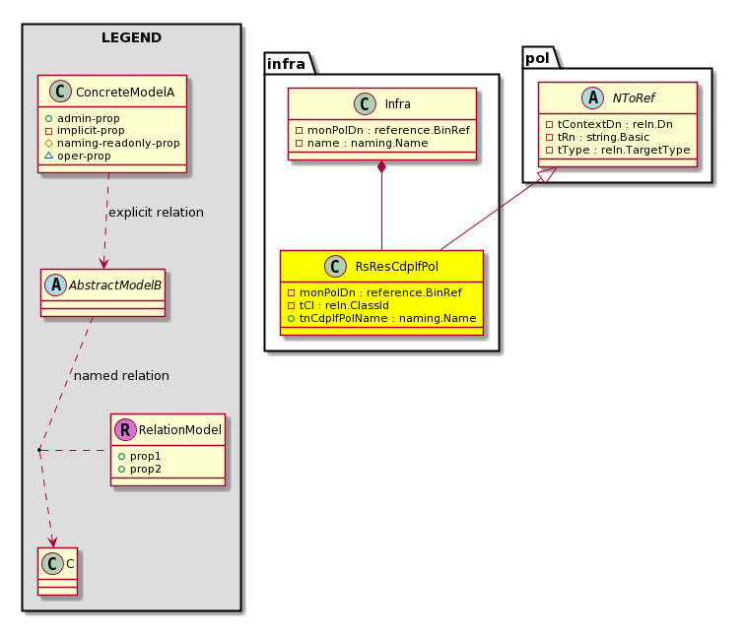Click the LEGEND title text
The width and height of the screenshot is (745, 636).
point(132,37)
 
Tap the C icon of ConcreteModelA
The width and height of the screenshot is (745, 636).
point(60,92)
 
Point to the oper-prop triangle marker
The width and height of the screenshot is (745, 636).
point(48,156)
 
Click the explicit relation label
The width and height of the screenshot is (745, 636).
point(156,212)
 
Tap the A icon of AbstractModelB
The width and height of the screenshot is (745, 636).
point(56,285)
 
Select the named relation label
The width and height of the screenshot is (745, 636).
point(121,375)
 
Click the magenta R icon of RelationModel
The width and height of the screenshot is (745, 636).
point(125,429)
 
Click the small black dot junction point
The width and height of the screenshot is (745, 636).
point(39,449)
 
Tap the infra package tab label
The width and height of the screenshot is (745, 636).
point(286,64)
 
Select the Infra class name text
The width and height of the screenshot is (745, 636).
point(398,104)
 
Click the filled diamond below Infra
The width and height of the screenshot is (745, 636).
point(381,167)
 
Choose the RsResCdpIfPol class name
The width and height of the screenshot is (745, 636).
point(397,266)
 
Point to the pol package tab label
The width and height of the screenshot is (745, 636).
point(537,58)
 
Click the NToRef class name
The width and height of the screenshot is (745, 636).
point(634,98)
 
